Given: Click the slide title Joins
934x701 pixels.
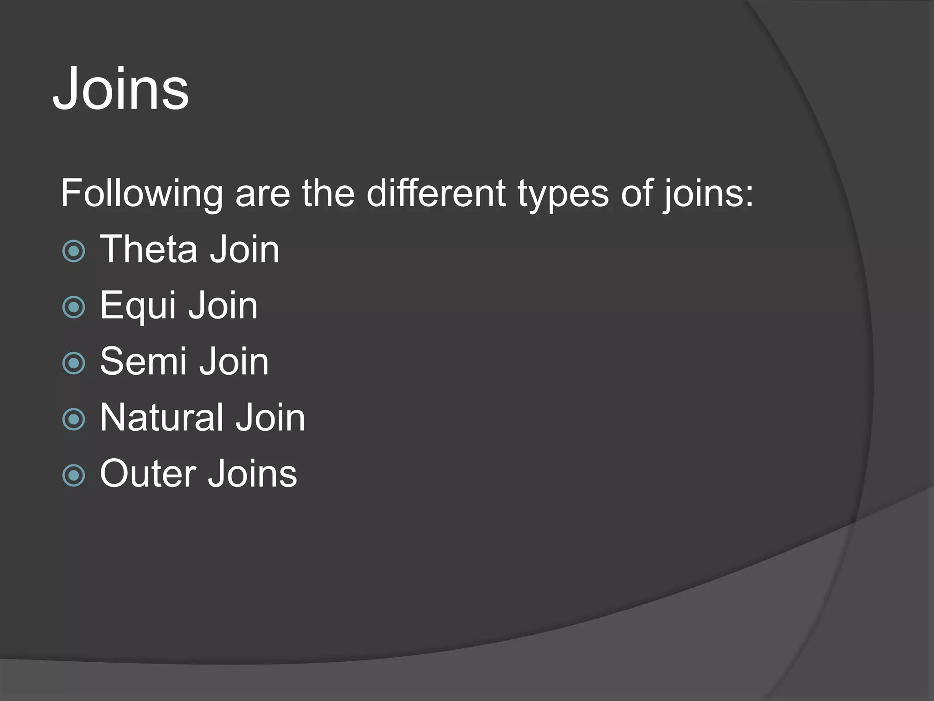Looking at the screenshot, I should pyautogui.click(x=121, y=89).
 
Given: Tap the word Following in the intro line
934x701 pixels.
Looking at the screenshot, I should pyautogui.click(x=142, y=194).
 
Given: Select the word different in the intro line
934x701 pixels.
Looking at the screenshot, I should pyautogui.click(x=436, y=193).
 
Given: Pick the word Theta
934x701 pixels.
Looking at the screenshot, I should pyautogui.click(x=148, y=249).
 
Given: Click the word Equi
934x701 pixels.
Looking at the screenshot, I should pyautogui.click(x=138, y=306).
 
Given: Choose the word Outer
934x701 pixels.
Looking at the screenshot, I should pyautogui.click(x=147, y=474).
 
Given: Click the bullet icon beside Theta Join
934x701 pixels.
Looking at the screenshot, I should pyautogui.click(x=73, y=251).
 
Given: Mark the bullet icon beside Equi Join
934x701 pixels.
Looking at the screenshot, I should pyautogui.click(x=73, y=307).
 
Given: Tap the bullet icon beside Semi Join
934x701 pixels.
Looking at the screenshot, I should pyautogui.click(x=73, y=363).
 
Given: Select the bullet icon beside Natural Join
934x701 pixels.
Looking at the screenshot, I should pyautogui.click(x=73, y=419).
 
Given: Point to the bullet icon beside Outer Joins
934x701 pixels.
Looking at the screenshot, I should pyautogui.click(x=73, y=476).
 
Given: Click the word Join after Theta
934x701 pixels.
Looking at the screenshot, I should pyautogui.click(x=244, y=249).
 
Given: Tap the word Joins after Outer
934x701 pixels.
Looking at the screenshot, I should pyautogui.click(x=252, y=474).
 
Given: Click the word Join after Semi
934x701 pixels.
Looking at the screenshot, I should pyautogui.click(x=234, y=361).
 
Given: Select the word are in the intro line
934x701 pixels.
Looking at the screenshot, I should pyautogui.click(x=263, y=194).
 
